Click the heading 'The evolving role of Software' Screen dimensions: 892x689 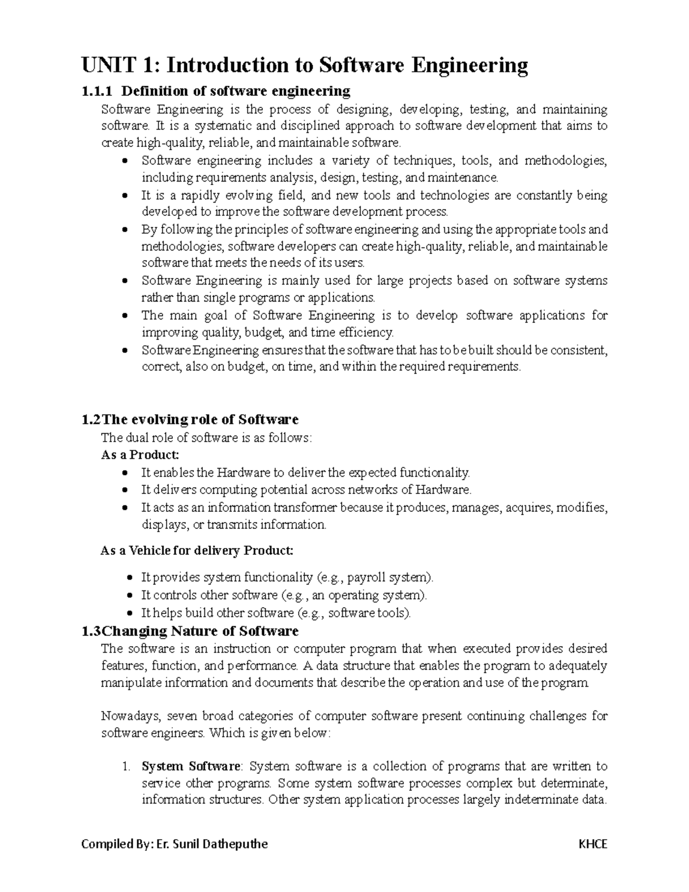point(199,419)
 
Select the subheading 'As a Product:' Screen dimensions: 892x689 point(140,455)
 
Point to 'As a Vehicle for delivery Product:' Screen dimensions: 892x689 point(197,551)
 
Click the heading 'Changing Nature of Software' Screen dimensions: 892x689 point(200,631)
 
